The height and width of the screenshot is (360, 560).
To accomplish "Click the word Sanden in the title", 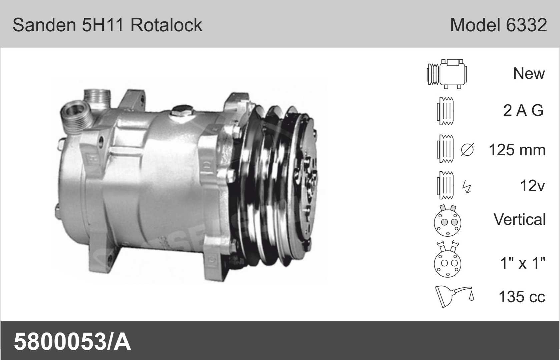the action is [x=44, y=25].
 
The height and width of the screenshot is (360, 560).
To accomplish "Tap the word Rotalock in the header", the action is [x=166, y=25].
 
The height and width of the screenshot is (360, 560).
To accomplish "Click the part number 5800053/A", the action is [x=72, y=342].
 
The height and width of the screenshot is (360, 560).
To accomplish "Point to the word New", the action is [x=529, y=73].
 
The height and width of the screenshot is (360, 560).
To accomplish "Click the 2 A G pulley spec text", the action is [x=523, y=110].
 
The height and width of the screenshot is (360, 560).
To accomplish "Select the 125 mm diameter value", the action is [x=517, y=150].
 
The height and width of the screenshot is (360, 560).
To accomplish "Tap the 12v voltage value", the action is [x=532, y=186].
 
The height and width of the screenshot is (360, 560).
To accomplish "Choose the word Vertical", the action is [x=520, y=219].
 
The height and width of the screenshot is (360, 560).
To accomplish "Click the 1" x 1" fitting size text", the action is [x=523, y=263].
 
